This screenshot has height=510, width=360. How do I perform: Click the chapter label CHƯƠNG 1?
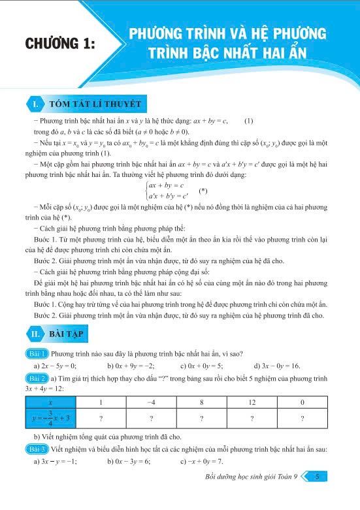(59, 44)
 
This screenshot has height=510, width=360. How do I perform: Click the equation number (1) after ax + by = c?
(248, 121)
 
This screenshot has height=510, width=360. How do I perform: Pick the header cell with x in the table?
(51, 402)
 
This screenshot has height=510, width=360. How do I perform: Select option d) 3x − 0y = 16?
(277, 366)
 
